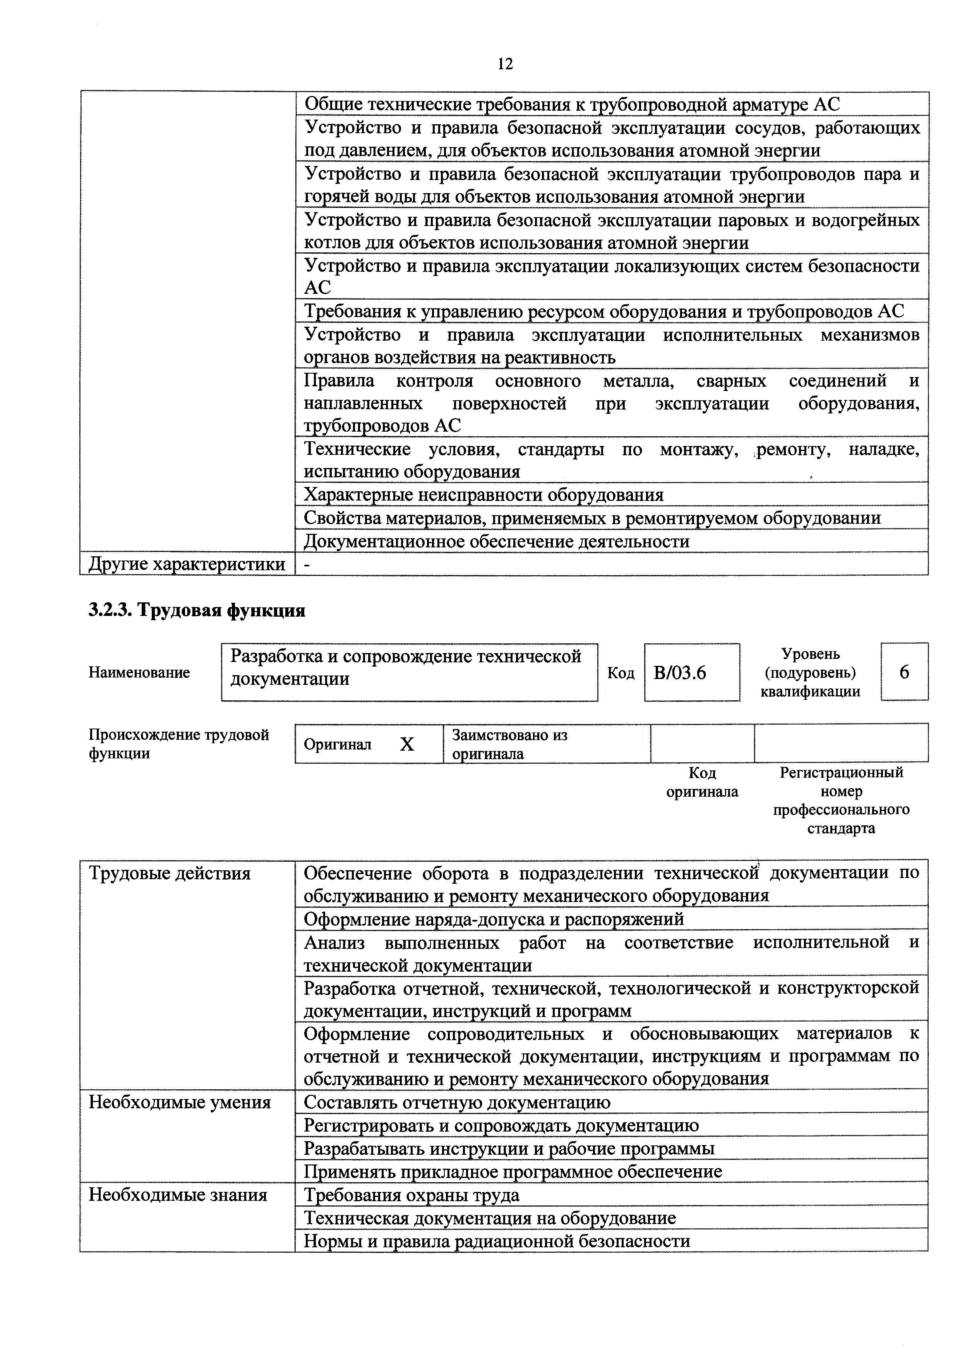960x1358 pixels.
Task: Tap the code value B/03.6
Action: pyautogui.click(x=680, y=673)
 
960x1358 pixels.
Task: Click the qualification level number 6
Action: pyautogui.click(x=904, y=672)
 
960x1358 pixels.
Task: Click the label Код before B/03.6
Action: pyautogui.click(x=621, y=673)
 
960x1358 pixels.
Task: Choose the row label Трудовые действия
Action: pyautogui.click(x=170, y=874)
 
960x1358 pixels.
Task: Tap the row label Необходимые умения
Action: pyautogui.click(x=180, y=1103)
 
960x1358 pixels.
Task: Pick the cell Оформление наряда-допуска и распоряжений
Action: pyautogui.click(x=494, y=919)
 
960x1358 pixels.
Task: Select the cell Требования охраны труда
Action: pyautogui.click(x=412, y=1195)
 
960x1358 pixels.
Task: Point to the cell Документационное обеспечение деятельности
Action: pyautogui.click(x=496, y=541)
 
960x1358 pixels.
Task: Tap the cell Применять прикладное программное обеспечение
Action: pyautogui.click(x=513, y=1171)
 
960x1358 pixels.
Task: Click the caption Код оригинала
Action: pyautogui.click(x=702, y=782)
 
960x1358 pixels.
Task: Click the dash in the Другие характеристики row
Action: pyautogui.click(x=307, y=565)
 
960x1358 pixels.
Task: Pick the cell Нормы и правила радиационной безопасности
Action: pyautogui.click(x=497, y=1241)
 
